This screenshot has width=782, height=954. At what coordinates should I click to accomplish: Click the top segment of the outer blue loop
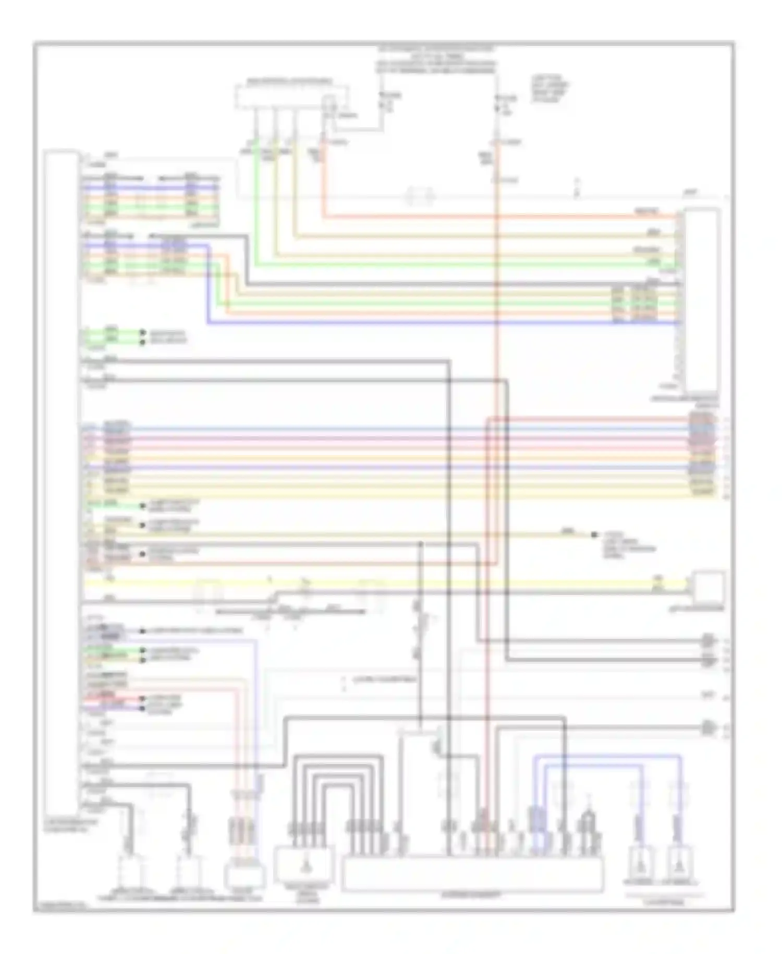607,755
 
